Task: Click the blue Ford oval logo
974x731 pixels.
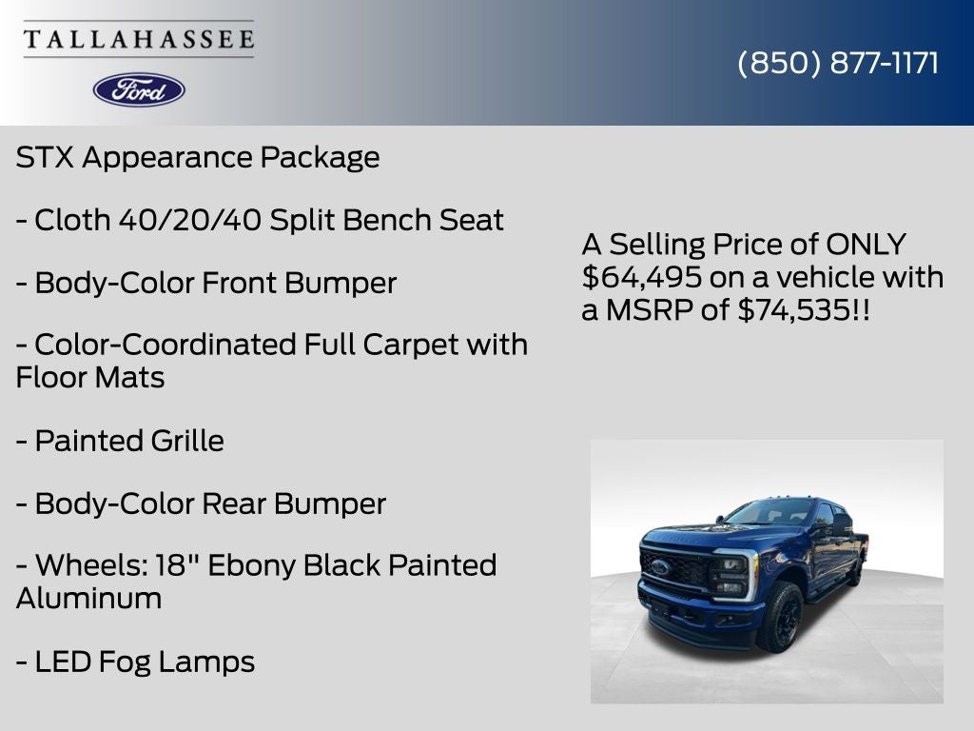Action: click(x=139, y=89)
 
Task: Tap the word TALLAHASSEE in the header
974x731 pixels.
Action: click(x=139, y=40)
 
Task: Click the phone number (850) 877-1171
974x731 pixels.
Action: click(x=838, y=63)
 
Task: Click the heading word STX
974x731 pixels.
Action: click(x=45, y=158)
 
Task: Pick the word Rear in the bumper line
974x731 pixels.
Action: click(x=236, y=504)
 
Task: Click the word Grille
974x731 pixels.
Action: click(x=187, y=441)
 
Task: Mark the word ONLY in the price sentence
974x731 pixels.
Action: click(x=866, y=245)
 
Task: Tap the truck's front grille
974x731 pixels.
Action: click(x=677, y=569)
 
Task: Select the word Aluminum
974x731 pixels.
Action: click(x=88, y=599)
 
